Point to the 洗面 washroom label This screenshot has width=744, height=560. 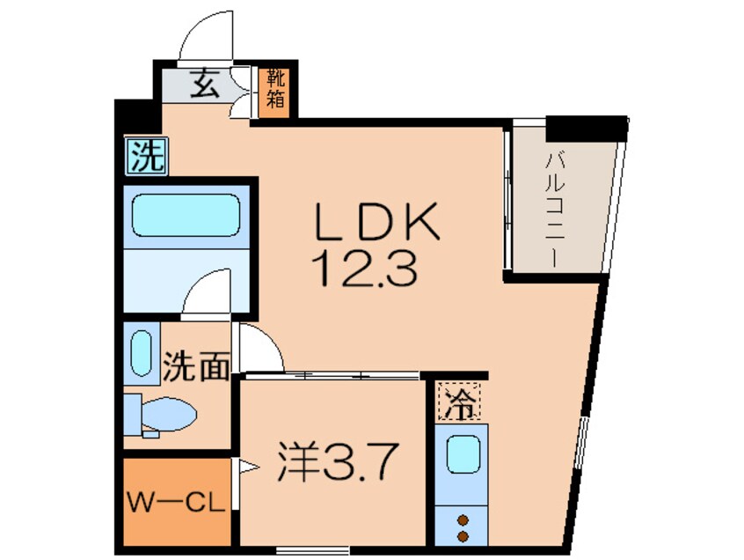[x=195, y=367]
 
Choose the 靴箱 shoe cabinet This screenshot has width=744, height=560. [x=276, y=89]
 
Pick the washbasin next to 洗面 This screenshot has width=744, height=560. [x=141, y=352]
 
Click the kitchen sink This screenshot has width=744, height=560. [x=461, y=456]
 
